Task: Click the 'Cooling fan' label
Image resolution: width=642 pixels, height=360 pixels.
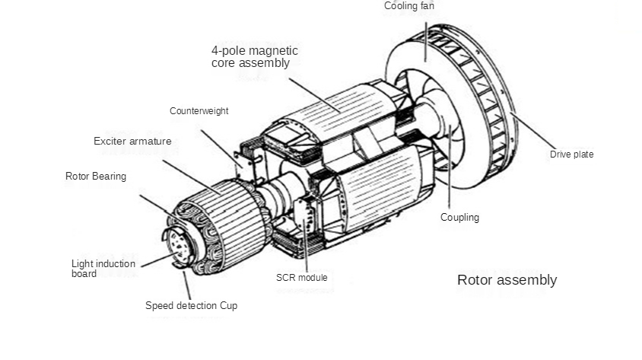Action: (x=409, y=6)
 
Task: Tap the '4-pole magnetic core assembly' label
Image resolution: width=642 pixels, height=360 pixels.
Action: (x=254, y=57)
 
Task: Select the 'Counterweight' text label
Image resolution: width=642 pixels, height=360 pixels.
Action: (x=199, y=111)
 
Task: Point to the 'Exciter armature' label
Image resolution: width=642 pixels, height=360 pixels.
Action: (x=132, y=141)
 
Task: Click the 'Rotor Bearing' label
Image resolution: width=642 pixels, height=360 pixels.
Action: (x=96, y=177)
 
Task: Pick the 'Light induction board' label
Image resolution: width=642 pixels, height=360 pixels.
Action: (x=103, y=269)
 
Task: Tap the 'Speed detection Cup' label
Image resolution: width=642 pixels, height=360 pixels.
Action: (x=191, y=306)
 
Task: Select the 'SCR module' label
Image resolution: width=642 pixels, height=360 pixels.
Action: (x=301, y=278)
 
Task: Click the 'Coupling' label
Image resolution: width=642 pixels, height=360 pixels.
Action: (x=459, y=218)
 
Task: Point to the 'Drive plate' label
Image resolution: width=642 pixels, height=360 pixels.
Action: (x=571, y=155)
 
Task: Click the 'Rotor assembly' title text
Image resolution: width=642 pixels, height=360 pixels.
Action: (x=507, y=280)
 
